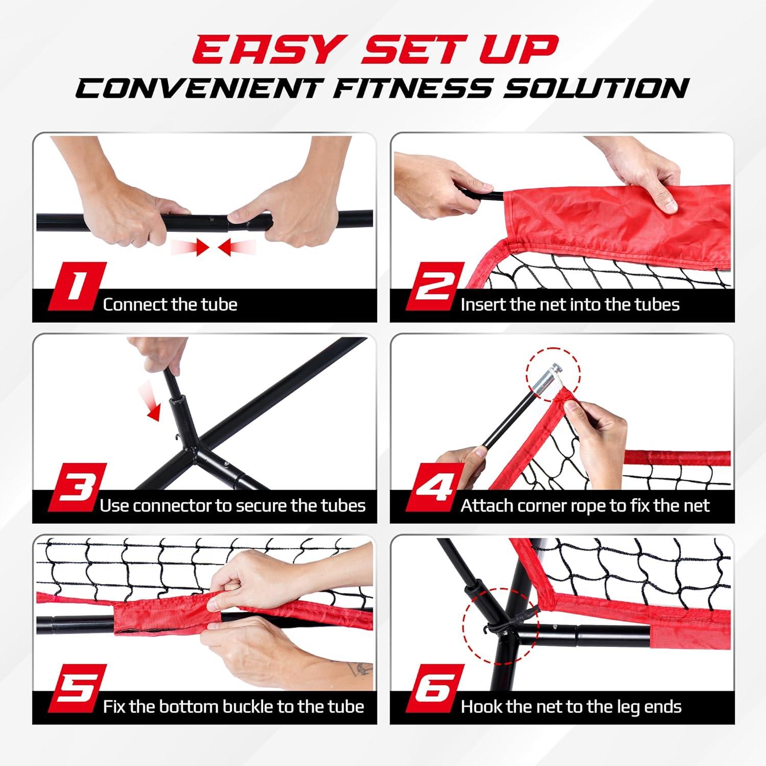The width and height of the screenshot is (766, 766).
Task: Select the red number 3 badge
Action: [77, 487]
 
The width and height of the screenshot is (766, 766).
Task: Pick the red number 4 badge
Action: [435, 487]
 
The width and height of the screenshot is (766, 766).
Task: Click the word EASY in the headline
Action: [266, 50]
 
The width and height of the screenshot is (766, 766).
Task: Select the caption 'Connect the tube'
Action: [170, 304]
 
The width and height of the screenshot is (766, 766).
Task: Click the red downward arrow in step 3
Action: [154, 408]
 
